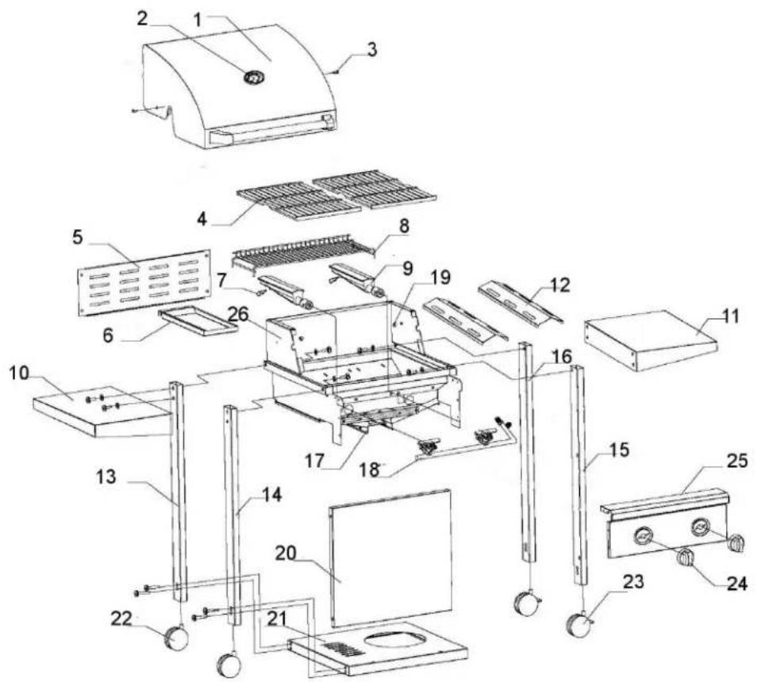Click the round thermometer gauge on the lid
[x=255, y=79]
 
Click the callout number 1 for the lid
[x=197, y=17]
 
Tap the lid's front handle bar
[x=266, y=133]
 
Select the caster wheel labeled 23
[x=579, y=626]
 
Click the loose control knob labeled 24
[x=686, y=558]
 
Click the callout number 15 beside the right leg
[x=619, y=450]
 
